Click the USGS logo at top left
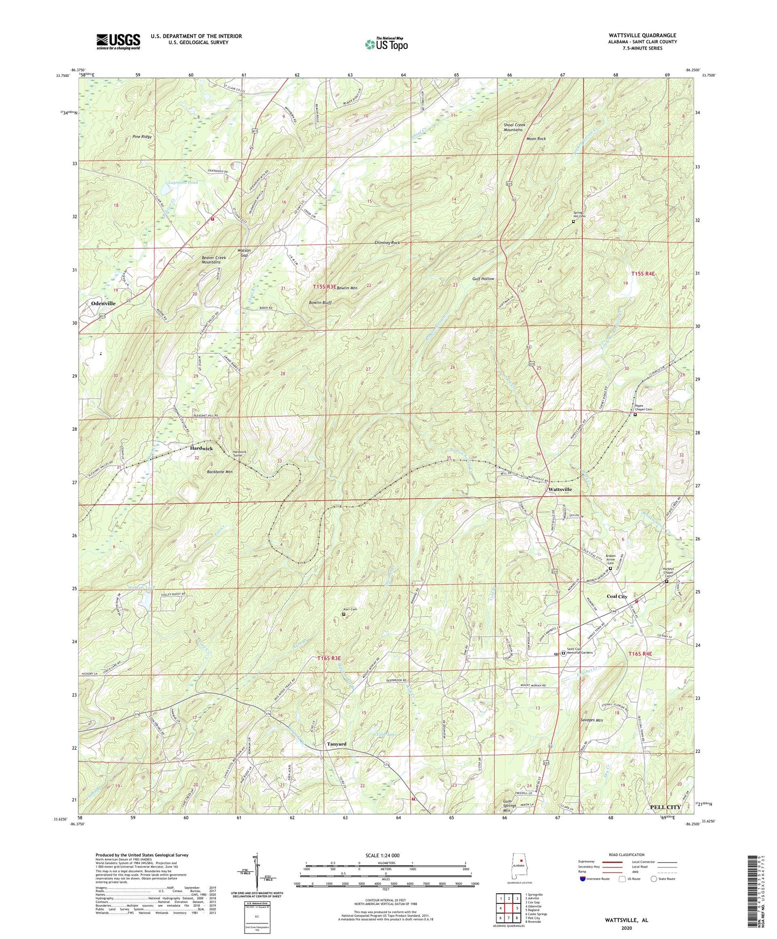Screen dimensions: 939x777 coord(118,41)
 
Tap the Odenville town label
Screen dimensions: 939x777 coord(103,303)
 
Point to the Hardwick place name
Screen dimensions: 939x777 coord(201,449)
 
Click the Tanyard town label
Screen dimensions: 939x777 coord(337,744)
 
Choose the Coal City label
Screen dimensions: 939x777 coord(617,597)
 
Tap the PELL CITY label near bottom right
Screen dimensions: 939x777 coord(665,807)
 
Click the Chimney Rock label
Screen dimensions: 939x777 coord(387,243)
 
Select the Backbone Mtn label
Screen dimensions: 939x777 coord(219,472)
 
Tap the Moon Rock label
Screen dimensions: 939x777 coord(536,139)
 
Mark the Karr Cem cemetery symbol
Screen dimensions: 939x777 coord(344,614)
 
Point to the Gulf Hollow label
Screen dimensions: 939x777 coord(483,279)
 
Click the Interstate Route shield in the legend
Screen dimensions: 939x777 coord(583,879)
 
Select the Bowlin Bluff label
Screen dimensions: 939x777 coord(320,303)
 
